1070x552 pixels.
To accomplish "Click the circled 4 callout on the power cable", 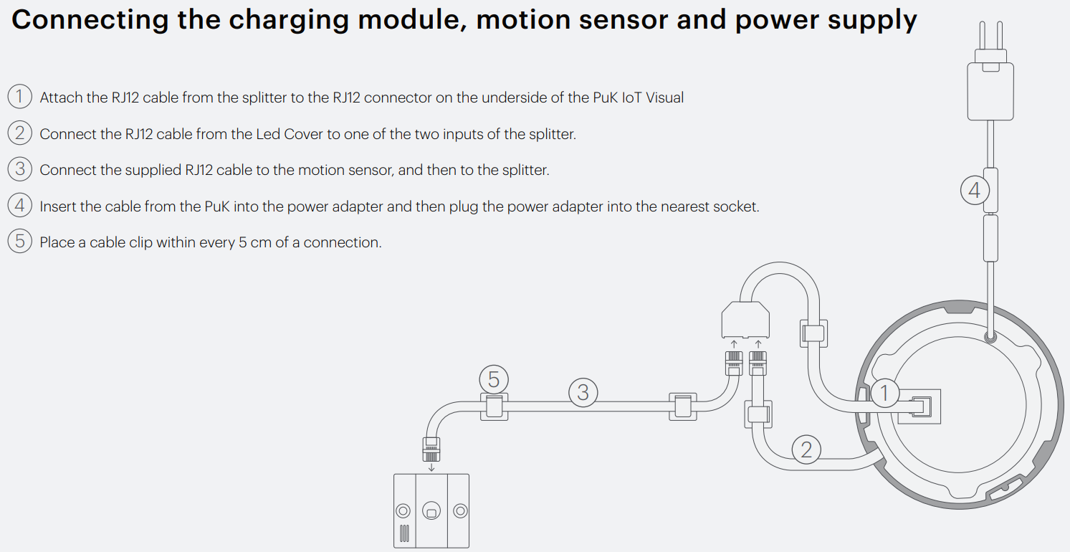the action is coord(975,190).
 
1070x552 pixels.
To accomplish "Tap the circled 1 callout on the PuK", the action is coord(884,393).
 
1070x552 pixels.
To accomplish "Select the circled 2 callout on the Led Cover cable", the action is coord(806,449).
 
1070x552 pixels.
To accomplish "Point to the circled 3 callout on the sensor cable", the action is coord(583,392).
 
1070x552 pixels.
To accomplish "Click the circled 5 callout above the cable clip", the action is coord(494,379).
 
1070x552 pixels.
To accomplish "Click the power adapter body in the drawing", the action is coord(990,91).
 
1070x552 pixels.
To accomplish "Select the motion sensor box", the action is coord(431,510).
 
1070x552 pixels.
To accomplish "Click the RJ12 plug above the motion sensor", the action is coord(431,449).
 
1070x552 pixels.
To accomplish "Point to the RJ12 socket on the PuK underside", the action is coord(920,406).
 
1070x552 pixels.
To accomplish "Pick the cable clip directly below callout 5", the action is coord(494,406).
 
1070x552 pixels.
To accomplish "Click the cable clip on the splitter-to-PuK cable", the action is coord(813,333).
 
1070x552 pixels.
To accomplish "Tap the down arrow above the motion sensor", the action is coord(431,467).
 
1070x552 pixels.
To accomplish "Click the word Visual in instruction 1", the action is coord(664,97).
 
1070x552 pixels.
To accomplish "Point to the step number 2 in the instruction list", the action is coord(19,133).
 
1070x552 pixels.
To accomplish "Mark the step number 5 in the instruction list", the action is coord(19,241).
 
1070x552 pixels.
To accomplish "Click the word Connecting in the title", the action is coord(90,20).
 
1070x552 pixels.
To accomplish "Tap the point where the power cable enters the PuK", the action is coord(990,337).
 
